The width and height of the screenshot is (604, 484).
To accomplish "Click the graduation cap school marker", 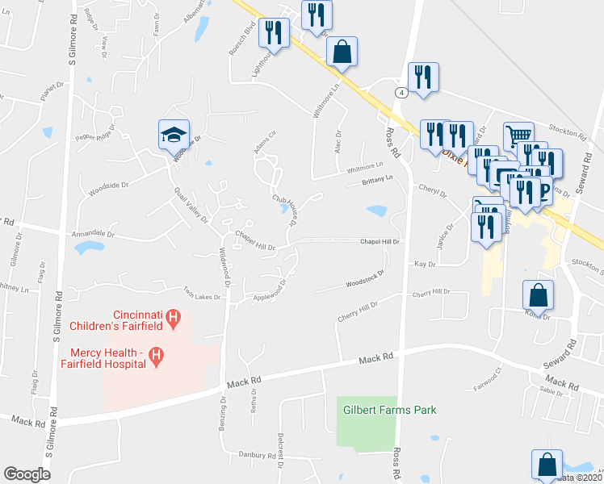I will coord(174,135).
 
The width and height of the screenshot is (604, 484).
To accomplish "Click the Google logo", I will coord(27,474).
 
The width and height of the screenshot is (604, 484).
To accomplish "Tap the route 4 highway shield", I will coord(401,93).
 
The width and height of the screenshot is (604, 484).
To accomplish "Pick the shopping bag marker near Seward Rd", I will coord(539,295).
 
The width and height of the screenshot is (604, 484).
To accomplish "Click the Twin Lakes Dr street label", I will coord(202,296).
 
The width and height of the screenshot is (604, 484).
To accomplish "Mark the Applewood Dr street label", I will coord(271,290).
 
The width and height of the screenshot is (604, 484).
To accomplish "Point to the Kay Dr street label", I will coord(425,264).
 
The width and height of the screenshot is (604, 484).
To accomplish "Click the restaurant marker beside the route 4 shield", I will coord(423,78).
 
